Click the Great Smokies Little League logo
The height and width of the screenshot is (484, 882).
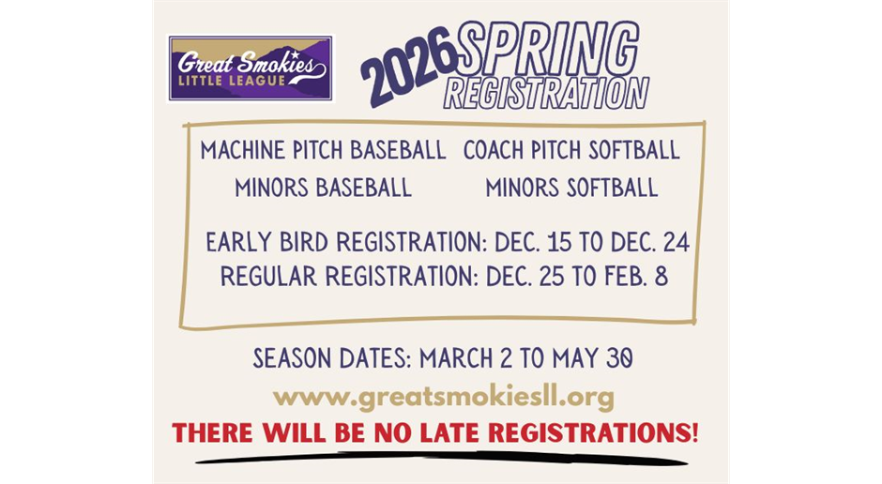tap(250, 68)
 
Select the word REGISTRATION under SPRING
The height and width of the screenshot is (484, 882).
tap(546, 93)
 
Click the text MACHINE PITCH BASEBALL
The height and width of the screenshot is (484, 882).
tap(323, 150)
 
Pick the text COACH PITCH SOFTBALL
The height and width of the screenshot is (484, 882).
tap(570, 150)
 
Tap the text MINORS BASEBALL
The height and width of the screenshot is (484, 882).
tap(323, 188)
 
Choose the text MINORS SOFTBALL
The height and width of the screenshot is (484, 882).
tap(570, 188)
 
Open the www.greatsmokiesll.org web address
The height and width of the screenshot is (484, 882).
tap(443, 398)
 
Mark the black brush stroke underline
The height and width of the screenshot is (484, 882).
tap(441, 459)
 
